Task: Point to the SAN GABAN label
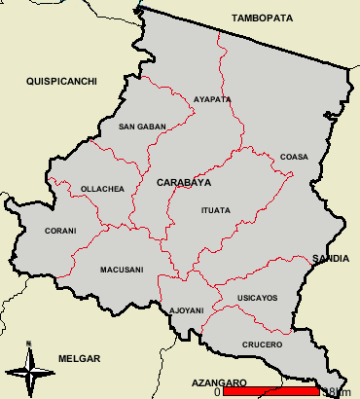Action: (x=142, y=127)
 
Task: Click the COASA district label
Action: (x=293, y=157)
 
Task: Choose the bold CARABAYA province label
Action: (x=183, y=182)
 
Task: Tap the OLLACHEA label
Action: (x=102, y=189)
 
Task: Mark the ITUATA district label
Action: (x=215, y=210)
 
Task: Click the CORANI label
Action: (x=60, y=231)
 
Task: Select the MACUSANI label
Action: (x=122, y=270)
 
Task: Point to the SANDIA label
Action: (x=330, y=258)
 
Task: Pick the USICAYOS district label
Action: (x=257, y=297)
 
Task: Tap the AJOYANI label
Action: (x=187, y=310)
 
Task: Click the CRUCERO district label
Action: (x=263, y=345)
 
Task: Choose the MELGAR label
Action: (x=77, y=358)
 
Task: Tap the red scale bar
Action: (x=271, y=391)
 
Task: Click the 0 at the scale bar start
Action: (x=218, y=391)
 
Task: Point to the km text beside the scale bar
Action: (x=339, y=391)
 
